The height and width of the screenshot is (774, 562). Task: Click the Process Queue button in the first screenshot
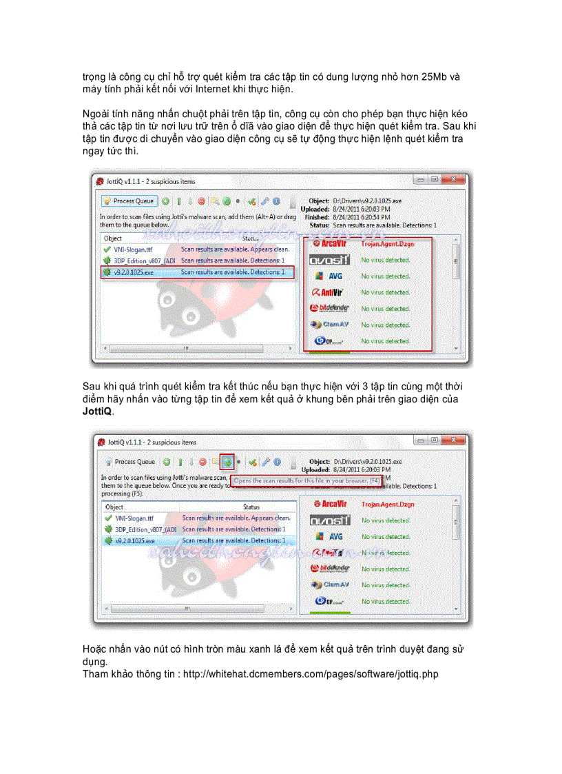click(x=129, y=201)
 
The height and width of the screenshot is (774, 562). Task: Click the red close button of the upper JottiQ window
click(x=452, y=179)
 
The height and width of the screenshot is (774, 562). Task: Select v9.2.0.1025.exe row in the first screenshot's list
click(x=197, y=272)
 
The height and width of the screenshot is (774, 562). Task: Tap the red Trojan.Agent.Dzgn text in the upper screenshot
click(x=387, y=243)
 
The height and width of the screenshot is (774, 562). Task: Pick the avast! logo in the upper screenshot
click(x=329, y=260)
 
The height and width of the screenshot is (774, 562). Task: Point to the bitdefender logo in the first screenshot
click(x=331, y=308)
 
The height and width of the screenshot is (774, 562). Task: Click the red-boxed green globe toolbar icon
click(x=227, y=461)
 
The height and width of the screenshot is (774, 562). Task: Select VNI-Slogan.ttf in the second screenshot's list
click(x=135, y=517)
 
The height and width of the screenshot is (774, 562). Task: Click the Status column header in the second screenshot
click(x=251, y=507)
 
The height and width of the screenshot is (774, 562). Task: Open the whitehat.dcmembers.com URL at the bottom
click(x=310, y=673)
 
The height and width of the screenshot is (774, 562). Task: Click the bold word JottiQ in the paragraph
click(x=96, y=411)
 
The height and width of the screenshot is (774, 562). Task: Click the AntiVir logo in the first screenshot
click(x=331, y=292)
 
